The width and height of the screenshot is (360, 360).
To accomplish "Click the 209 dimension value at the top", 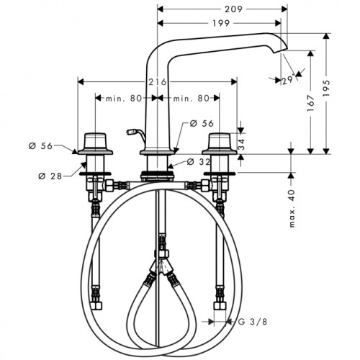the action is [233, 9].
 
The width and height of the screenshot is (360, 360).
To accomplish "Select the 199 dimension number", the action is [221, 23].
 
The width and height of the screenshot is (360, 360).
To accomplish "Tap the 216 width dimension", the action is [157, 82].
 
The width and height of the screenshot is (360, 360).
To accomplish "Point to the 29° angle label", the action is [288, 79].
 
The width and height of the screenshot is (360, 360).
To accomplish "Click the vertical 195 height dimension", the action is [326, 88].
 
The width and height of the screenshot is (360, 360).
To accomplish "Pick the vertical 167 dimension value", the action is [311, 103].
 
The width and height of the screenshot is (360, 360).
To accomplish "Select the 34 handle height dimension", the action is [241, 144].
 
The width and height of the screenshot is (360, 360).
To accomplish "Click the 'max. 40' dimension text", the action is [292, 208].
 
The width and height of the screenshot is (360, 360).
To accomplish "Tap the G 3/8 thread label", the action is [253, 322].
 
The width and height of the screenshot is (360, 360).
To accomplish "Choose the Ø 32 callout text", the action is [198, 162].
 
